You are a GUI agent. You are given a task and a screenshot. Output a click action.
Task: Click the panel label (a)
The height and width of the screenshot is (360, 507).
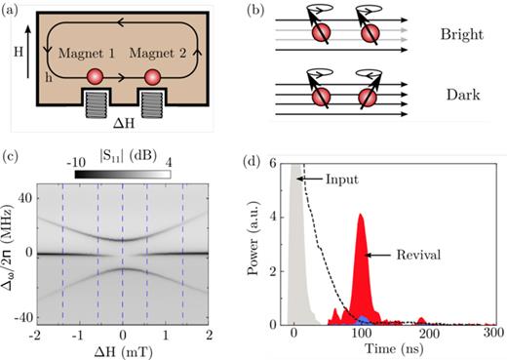pyautogui.click(x=13, y=10)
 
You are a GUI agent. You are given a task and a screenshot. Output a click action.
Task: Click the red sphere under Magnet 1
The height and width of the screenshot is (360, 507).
pyautogui.click(x=96, y=76)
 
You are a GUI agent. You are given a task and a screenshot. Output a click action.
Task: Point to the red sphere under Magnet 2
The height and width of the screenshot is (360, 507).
pyautogui.click(x=152, y=76)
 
